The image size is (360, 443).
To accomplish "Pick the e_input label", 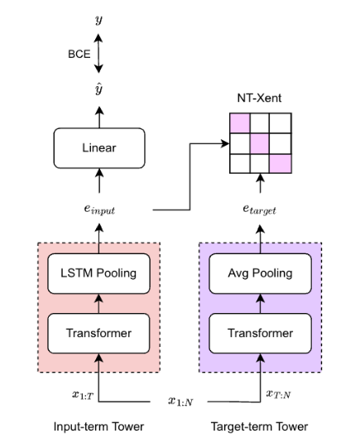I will coord(99,210).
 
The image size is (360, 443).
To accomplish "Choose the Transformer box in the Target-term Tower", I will coord(261,333).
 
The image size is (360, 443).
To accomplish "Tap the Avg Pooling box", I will coord(261,273).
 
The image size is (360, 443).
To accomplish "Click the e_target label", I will coord(261,211).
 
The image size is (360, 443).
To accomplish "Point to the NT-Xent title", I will coord(261,98).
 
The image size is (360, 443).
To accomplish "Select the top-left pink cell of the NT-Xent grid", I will coord(239,123).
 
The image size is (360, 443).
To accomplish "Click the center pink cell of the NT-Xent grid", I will coord(261,143).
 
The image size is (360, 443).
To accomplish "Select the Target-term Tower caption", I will coord(261,426).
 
